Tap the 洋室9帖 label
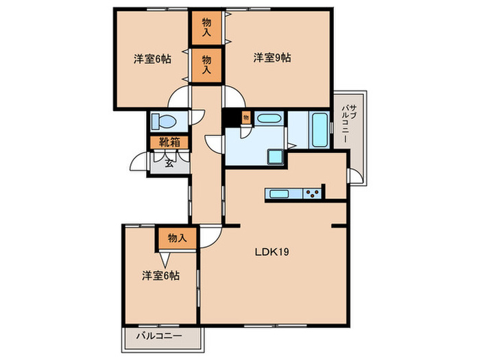272,58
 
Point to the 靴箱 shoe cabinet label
170,143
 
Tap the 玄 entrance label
169,163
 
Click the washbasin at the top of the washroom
267,119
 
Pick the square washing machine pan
276,157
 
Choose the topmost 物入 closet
206,27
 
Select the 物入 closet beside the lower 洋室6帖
177,238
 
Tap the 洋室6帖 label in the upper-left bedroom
152,59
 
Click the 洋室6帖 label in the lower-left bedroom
160,276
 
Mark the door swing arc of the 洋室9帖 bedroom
231,98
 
